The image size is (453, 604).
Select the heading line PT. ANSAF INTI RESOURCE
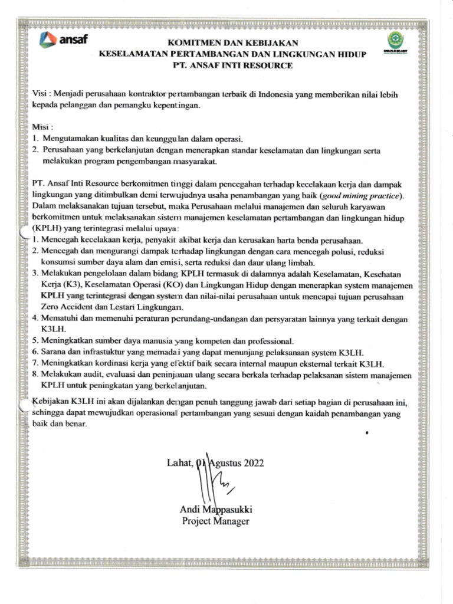click(232, 65)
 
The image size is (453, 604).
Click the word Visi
click(40, 94)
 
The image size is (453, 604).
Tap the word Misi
click(41, 127)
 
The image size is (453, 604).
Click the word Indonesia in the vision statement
click(271, 94)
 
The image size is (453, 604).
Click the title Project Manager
click(216, 521)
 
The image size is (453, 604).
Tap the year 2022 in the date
click(251, 462)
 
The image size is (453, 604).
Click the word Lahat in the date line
click(180, 462)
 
